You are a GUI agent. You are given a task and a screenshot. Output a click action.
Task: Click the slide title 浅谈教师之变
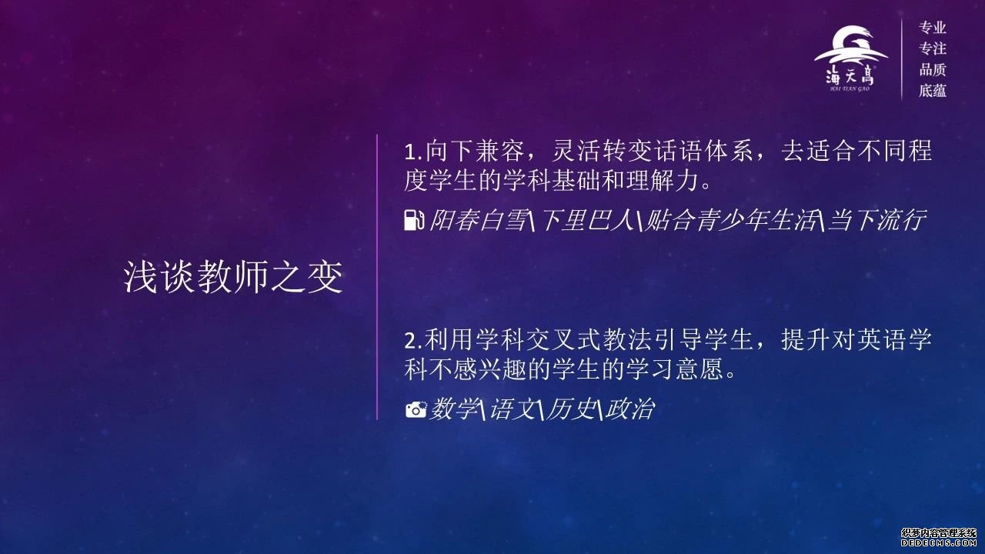[233, 277]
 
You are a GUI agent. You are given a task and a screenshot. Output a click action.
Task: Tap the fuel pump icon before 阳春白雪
[414, 220]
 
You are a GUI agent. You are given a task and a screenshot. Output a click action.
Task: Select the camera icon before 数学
[416, 409]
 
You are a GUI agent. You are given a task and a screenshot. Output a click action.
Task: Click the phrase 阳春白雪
[478, 220]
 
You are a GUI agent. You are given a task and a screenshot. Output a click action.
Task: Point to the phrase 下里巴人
[584, 220]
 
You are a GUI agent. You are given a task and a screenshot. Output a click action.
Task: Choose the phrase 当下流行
[877, 220]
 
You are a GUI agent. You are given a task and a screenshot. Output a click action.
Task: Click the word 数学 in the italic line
[454, 409]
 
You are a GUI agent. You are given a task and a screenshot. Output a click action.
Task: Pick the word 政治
[629, 409]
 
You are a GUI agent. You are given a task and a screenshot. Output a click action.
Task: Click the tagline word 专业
[932, 28]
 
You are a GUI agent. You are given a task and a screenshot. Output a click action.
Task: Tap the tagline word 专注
[932, 48]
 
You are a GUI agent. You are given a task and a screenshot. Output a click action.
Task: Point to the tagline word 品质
[932, 69]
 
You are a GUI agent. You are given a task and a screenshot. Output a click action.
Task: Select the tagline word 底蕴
[932, 91]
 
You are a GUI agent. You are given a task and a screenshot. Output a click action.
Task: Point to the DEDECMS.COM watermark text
[941, 543]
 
